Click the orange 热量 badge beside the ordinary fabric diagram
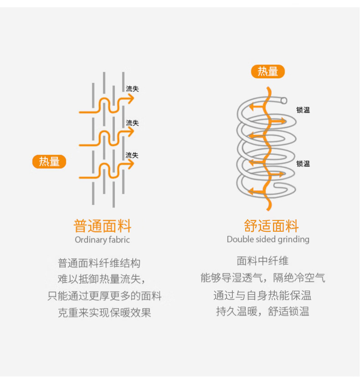click(49, 162)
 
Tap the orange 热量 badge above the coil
click(268, 71)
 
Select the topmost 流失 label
click(132, 89)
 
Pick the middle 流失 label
click(132, 123)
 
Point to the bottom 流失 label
click(132, 155)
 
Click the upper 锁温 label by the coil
click(303, 110)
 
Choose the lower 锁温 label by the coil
click(303, 164)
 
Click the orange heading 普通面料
click(102, 226)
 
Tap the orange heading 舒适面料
click(271, 226)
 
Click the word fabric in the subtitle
click(119, 239)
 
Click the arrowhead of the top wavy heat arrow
click(131, 99)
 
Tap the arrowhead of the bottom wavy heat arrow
click(131, 164)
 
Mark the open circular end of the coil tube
click(284, 100)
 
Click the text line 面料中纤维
click(262, 261)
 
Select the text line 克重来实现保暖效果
click(104, 312)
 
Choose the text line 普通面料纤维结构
click(99, 263)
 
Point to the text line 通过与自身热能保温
click(262, 295)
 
